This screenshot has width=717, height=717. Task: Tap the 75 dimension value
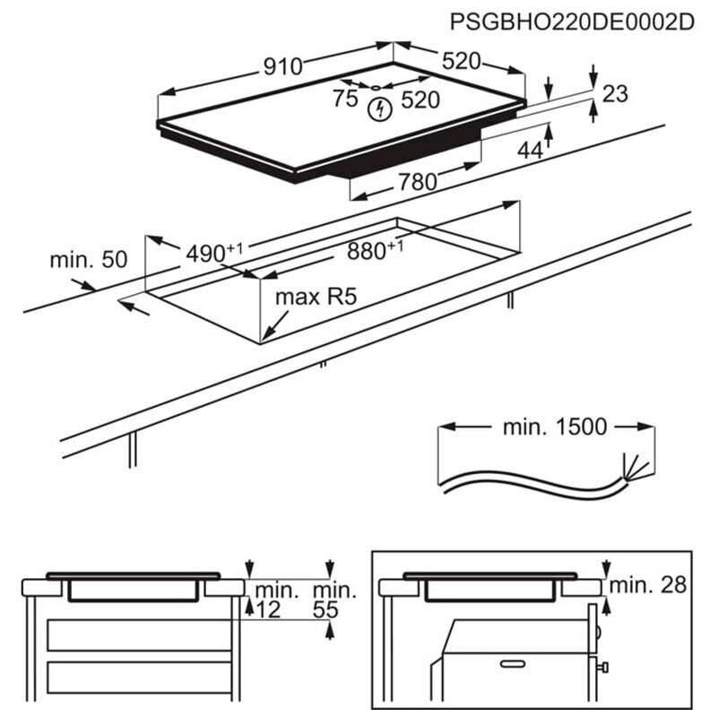345,99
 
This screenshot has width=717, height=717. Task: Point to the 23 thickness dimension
617,93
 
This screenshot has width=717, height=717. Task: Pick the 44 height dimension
531,151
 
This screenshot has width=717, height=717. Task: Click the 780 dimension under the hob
417,182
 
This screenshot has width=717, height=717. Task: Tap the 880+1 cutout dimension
375,250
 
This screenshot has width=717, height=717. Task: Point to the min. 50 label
89,260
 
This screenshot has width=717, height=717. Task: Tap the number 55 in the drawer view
331,610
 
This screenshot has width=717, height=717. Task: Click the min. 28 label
648,585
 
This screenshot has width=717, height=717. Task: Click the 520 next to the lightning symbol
420,99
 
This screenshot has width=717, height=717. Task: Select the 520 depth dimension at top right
460,61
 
